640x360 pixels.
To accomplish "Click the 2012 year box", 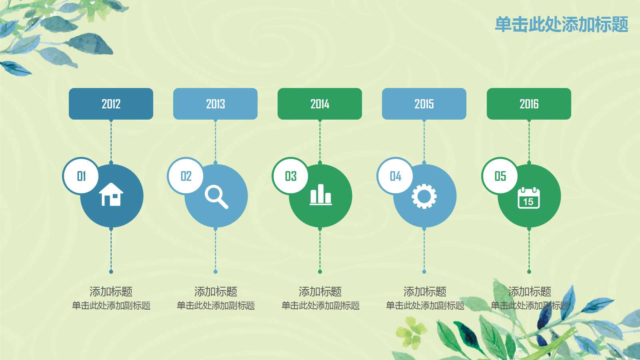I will (x=111, y=104).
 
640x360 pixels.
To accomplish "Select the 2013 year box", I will (x=215, y=104).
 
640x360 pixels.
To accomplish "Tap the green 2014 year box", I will (x=320, y=104).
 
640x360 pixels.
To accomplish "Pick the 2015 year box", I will (x=424, y=104).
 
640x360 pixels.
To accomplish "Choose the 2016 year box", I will (x=529, y=104).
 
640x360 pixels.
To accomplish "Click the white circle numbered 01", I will (x=81, y=176).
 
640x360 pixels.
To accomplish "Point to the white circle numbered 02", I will (x=186, y=176).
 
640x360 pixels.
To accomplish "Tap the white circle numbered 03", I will (x=290, y=176).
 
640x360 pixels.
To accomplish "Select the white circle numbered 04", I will (x=395, y=176).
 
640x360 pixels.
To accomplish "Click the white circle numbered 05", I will (x=500, y=176).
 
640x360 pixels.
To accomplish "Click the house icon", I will (x=111, y=194).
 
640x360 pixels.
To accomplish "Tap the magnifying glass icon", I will (x=216, y=196).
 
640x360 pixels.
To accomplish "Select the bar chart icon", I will (x=321, y=195).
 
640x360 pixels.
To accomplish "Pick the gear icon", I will (x=424, y=196).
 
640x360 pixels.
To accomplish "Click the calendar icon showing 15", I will (x=529, y=198).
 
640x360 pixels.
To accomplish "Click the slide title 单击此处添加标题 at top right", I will (x=562, y=24).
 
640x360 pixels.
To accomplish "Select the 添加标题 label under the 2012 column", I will (x=111, y=292).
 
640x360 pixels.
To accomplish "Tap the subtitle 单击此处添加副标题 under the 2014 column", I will (x=320, y=306).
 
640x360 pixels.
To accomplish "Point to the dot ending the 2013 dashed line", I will (x=216, y=272).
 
